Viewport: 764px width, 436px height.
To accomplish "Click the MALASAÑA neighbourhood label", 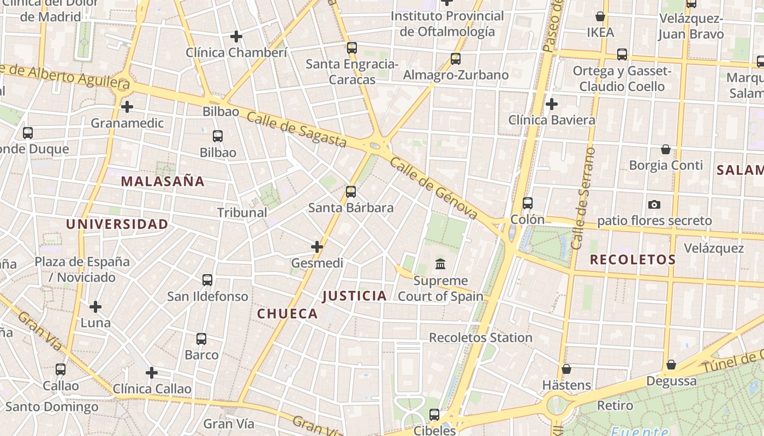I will pos(163,181).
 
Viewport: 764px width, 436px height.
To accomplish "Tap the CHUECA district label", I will pos(287,313).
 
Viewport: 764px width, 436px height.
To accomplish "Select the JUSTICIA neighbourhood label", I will pos(354,296).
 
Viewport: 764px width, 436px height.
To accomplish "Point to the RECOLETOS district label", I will pos(632,260).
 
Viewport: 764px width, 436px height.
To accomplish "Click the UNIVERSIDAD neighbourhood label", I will pos(117,224).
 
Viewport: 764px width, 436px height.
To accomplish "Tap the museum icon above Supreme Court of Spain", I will pos(440,264).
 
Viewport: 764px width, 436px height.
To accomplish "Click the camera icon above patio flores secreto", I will pos(654,204).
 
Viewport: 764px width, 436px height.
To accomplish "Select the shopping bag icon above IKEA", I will pos(600,16).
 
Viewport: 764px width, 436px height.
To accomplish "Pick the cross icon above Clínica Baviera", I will pos(552,104).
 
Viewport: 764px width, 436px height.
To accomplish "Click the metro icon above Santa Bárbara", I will pos(351,191).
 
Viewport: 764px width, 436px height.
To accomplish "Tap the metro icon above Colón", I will pos(527,203).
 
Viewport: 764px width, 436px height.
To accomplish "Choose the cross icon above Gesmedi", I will pos(317,247).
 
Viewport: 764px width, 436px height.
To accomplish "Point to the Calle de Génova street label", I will pos(434,189).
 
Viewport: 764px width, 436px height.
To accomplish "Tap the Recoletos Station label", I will pos(480,337).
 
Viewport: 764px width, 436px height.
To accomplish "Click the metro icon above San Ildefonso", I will pos(207,280).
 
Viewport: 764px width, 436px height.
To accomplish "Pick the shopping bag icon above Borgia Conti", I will pos(666,149).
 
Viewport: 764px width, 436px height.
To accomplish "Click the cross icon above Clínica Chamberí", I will pos(236,37).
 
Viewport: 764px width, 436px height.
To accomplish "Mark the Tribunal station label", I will pos(242,213).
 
